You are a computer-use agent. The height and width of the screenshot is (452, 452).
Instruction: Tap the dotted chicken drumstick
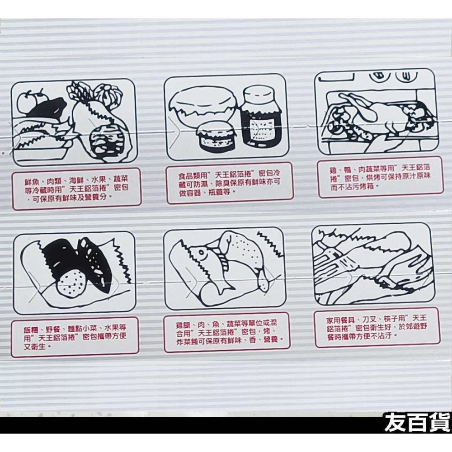246,258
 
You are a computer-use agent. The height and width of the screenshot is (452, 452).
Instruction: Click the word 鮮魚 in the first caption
32,181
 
